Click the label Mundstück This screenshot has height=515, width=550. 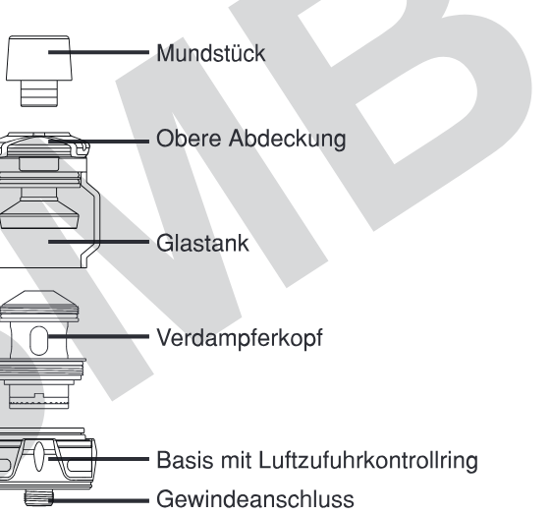coord(211,53)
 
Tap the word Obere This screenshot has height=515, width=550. coord(189,138)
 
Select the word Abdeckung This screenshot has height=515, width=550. coord(287,139)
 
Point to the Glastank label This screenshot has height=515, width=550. coord(202,243)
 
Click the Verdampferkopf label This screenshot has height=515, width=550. coord(240,338)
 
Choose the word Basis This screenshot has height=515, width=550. coord(185,460)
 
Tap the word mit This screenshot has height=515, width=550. coord(236,460)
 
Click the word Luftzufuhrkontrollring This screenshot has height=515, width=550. coord(368,460)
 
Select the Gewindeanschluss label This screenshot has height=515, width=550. coord(255,499)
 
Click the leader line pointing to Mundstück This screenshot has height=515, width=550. coord(98,52)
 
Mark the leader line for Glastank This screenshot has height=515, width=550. coord(98,242)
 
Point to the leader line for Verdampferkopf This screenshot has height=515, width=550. coord(98,336)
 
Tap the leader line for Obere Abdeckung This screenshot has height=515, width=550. coord(98,142)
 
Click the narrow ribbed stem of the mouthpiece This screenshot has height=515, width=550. coord(39,93)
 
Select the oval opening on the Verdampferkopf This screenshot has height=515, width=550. coord(38,340)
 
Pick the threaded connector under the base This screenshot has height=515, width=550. coord(38,498)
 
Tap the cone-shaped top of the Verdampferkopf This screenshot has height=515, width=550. coord(39,299)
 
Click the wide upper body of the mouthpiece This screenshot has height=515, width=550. coord(39,58)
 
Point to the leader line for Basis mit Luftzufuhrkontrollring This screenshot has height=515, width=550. coord(98,458)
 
